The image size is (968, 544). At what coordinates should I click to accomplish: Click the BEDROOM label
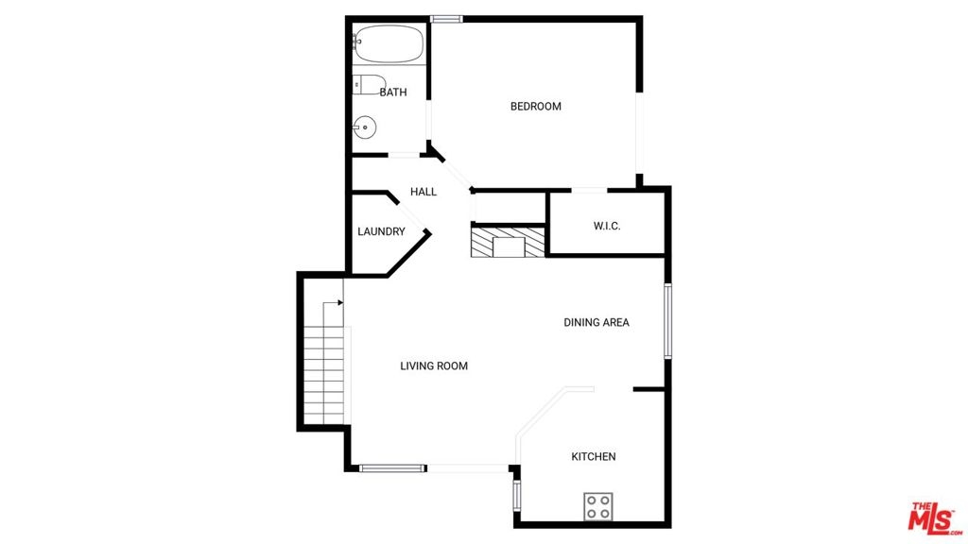(x=535, y=106)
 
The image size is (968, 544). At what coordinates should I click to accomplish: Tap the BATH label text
(x=393, y=93)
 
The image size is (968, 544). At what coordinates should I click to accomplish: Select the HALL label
(x=423, y=192)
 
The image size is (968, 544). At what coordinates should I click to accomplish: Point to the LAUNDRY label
(x=381, y=231)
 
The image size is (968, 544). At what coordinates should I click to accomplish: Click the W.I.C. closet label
(x=607, y=226)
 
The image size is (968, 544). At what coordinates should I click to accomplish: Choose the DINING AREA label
(x=596, y=322)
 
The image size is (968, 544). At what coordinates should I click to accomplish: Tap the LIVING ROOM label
(x=434, y=365)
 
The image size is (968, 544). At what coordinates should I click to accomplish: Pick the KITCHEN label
(x=594, y=456)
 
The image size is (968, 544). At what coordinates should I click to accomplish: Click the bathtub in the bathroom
(x=389, y=43)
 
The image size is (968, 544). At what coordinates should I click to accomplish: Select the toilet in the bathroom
(x=369, y=85)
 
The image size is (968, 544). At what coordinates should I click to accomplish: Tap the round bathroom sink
(x=365, y=128)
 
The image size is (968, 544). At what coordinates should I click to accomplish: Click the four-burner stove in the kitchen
(x=598, y=506)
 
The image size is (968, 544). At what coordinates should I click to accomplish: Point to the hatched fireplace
(x=508, y=243)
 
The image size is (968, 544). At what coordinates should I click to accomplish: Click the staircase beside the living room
(x=324, y=363)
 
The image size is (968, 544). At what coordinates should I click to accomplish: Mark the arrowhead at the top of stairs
(x=339, y=303)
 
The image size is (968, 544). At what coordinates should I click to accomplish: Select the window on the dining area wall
(x=667, y=321)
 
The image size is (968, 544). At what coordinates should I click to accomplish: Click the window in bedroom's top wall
(x=446, y=19)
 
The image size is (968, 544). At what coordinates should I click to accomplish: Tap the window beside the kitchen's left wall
(x=517, y=496)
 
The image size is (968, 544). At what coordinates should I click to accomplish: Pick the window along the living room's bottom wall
(x=392, y=468)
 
